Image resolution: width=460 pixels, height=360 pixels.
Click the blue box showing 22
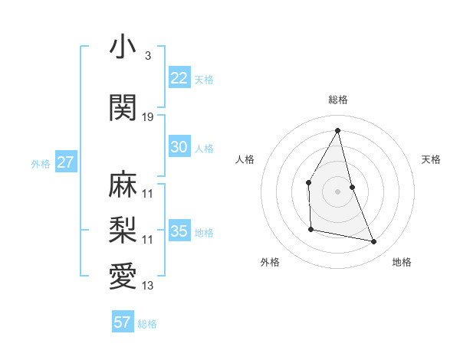179,78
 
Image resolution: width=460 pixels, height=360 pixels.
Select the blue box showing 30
179,147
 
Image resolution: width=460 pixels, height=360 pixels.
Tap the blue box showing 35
179,231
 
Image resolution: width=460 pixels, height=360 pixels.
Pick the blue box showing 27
66,162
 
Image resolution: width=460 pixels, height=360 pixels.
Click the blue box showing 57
123,322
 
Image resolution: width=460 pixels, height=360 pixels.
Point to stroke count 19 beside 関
148,117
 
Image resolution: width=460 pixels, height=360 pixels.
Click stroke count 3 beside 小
147,56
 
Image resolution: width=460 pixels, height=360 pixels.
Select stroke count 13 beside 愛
148,286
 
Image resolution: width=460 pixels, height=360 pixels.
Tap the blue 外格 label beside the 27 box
41,163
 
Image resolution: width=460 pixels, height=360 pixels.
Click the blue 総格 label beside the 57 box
147,324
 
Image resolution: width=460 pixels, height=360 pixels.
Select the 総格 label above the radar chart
338,100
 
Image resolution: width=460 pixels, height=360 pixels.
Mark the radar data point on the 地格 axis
374,241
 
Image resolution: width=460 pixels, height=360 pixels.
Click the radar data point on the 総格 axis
338,130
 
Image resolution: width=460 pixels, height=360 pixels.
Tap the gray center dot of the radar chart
338,191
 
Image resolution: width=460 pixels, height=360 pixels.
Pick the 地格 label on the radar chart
402,262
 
